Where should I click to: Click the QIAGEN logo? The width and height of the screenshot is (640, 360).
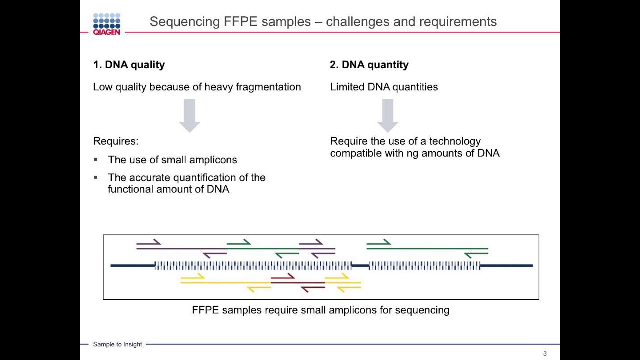pos(107,24)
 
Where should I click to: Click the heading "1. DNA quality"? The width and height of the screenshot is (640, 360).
pos(129,65)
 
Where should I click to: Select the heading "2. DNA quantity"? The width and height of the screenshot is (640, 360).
pos(369,65)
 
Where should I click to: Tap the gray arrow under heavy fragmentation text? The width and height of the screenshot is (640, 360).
pos(189,115)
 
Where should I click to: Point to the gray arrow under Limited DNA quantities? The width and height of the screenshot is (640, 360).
pos(388,115)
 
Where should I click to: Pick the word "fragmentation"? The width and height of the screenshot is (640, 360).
pos(268,87)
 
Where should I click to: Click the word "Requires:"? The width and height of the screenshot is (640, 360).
pos(116,141)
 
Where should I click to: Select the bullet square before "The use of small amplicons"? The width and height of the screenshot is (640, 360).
pos(96,160)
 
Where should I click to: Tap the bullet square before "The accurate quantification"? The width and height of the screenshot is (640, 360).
pos(96,177)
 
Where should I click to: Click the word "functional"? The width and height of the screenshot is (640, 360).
pos(130,189)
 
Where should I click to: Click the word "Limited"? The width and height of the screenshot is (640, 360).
pos(347,87)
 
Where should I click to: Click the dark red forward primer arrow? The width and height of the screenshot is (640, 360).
pos(283,277)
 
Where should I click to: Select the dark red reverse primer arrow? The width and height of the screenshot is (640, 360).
pos(313,289)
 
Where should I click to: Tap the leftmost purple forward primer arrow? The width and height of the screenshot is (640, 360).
pos(149,242)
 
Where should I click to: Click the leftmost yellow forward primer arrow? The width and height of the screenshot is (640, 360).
pos(193,276)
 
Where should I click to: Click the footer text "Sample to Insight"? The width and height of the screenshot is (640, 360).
pos(117,344)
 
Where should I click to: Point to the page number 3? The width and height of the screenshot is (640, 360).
pos(545,353)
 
